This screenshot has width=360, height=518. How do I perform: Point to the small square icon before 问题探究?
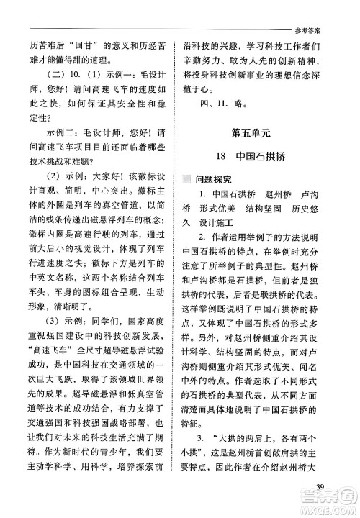pyautogui.click(x=187, y=178)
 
